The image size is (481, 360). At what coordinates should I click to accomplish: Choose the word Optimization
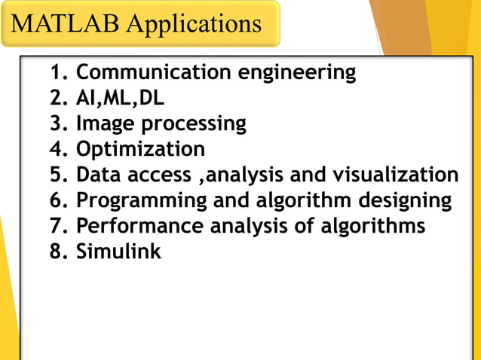(140, 149)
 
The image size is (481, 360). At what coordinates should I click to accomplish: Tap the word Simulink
(118, 252)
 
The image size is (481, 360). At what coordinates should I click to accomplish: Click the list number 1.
(57, 73)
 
